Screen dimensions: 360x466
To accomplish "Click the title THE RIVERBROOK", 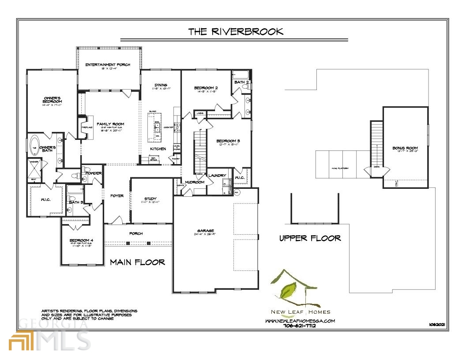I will coord(236,31).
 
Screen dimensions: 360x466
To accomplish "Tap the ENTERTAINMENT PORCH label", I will coord(108,65).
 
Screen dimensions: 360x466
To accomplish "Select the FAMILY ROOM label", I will coord(110,124).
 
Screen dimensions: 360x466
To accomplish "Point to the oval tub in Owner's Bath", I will coord(34,148).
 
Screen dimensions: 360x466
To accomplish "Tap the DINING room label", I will coord(161,85).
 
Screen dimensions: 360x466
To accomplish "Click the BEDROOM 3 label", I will coord(228,141).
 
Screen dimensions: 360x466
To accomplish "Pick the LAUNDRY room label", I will coord(217,176).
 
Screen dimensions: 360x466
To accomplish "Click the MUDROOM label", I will coord(195,182).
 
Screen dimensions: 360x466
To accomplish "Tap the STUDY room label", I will coord(151,199).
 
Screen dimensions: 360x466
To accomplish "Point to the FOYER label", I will coord(117,195).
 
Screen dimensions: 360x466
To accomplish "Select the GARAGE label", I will coord(206,231).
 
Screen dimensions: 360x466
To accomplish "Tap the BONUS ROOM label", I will coord(405,148).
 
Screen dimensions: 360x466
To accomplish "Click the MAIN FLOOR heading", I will coord(137,262).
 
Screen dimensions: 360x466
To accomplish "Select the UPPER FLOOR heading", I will coord(310,238).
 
